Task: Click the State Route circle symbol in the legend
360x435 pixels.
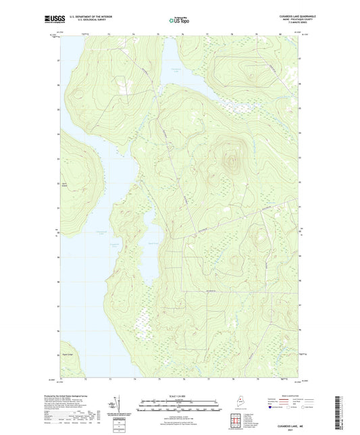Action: [x=294, y=407]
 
